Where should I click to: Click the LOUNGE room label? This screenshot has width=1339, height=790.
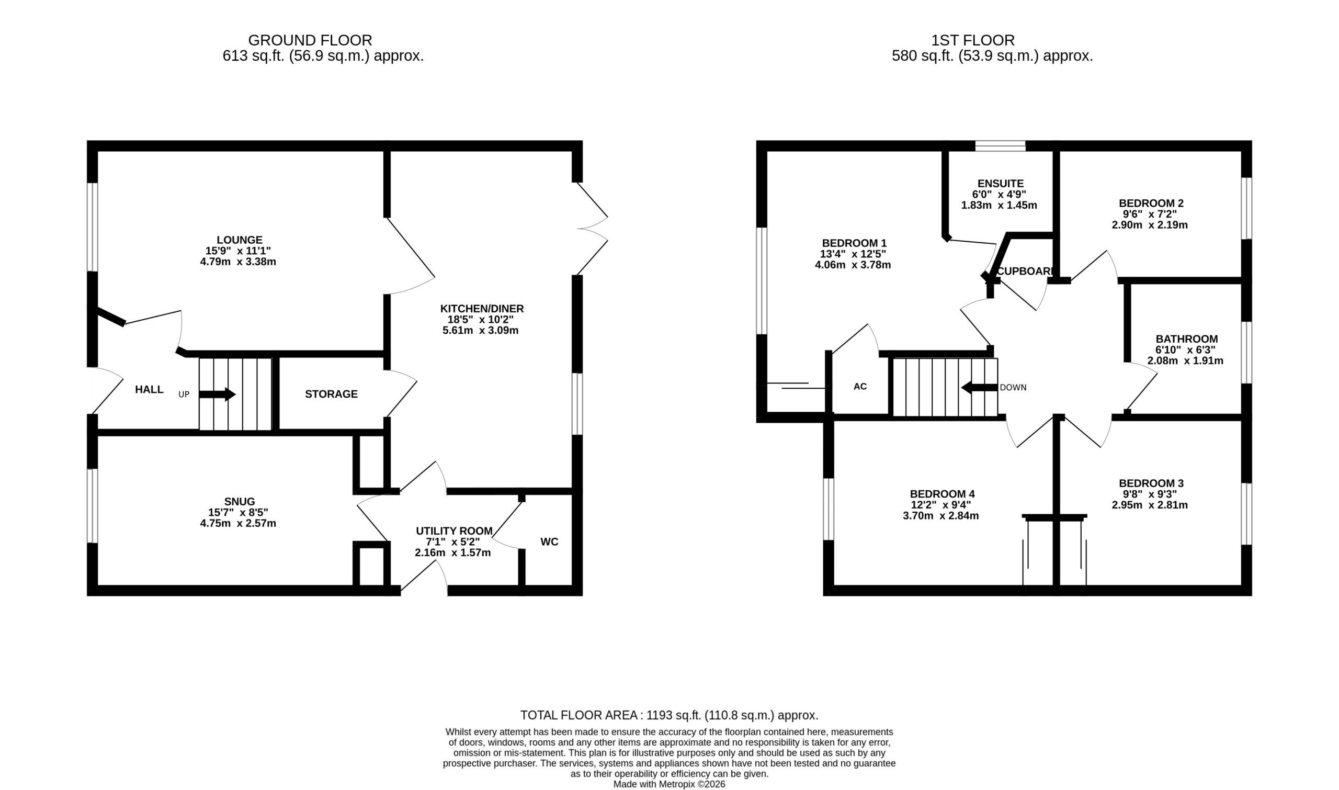pos(240,240)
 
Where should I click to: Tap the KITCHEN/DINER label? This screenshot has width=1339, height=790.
pos(482,309)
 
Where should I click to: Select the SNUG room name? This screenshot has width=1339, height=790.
pos(240,502)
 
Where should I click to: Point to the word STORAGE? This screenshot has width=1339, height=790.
pos(331,394)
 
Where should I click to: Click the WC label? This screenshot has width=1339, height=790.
pos(549,542)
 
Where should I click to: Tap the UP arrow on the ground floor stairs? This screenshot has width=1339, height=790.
pos(217,394)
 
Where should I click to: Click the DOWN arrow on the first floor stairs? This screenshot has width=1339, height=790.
pos(979,388)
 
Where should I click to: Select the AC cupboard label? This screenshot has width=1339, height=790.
pos(860,387)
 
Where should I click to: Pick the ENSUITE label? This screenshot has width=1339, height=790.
pos(1000,184)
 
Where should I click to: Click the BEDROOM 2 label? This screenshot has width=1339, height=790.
pos(1151,204)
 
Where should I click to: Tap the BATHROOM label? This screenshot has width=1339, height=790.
pos(1187,339)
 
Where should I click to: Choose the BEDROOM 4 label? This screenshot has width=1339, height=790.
pos(942,494)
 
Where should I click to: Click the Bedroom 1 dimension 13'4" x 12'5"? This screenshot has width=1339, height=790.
pos(853,254)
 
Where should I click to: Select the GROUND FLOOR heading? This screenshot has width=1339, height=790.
pos(310,40)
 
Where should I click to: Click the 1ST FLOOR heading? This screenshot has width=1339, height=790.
pos(973,40)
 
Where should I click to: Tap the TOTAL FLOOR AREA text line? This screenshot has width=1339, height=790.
pos(669,716)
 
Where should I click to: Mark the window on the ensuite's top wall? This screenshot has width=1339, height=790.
pos(1000,146)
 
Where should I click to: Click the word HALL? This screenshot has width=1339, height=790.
pos(149,390)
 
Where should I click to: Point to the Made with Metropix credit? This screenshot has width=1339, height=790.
pos(669,784)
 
